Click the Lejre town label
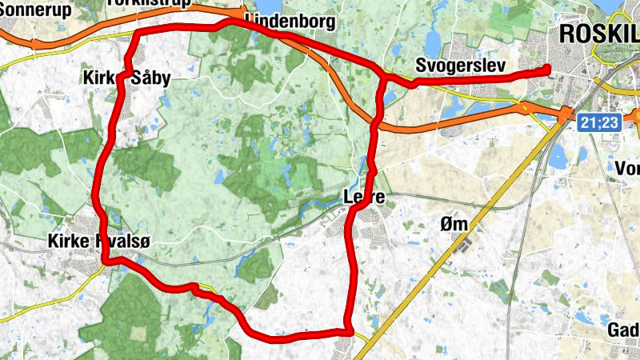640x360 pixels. pos(364,196)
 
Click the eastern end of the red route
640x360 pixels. pos(549,69)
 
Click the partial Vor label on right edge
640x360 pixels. pos(627,168)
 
